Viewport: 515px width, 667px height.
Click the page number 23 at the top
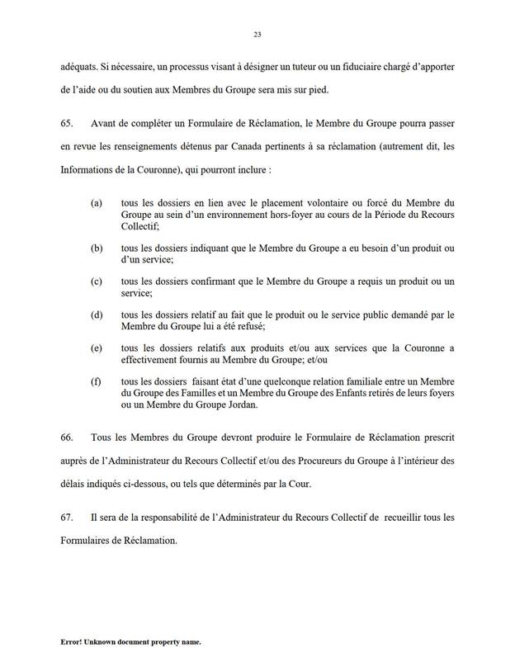[x=257, y=34]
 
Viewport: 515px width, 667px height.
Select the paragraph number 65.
[x=67, y=122]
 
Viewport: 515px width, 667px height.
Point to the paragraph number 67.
[x=67, y=517]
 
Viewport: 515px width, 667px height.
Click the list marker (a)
[x=97, y=201]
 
